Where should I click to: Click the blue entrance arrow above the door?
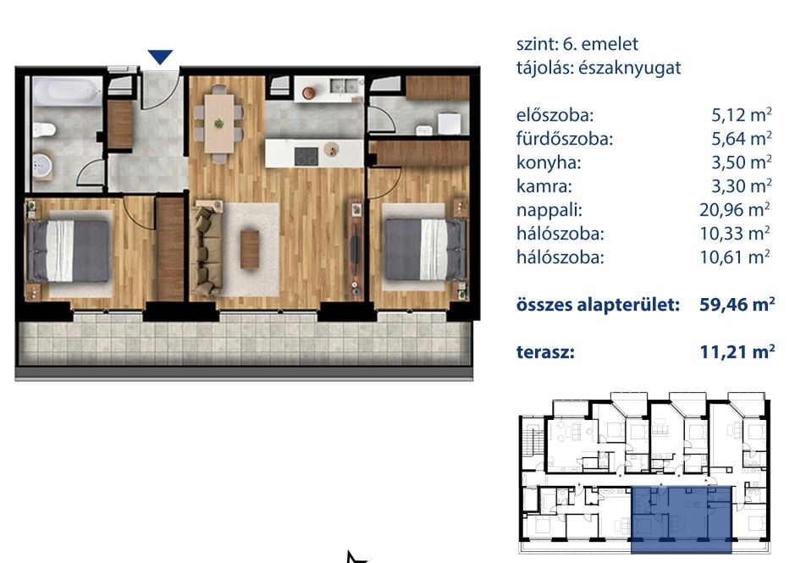[x=160, y=56]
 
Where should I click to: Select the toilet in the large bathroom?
[x=44, y=130]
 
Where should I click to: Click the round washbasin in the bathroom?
[x=42, y=164]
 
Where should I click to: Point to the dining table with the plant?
[x=219, y=124]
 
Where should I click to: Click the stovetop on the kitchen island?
[x=306, y=156]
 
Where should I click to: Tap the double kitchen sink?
[x=344, y=86]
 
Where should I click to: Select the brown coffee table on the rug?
[x=250, y=249]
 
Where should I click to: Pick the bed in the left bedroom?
[x=69, y=250]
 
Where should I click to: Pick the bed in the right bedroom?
[x=425, y=249]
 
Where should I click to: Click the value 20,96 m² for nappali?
[x=735, y=209]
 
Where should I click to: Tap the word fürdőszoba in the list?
[x=565, y=139]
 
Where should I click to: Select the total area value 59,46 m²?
[x=737, y=304]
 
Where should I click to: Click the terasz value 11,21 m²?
[x=737, y=351]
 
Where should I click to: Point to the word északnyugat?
[x=630, y=68]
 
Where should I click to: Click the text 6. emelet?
[x=600, y=44]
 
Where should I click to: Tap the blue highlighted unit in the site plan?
[x=682, y=519]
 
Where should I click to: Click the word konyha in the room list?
[x=549, y=163]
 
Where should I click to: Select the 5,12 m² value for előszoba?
[x=742, y=114]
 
